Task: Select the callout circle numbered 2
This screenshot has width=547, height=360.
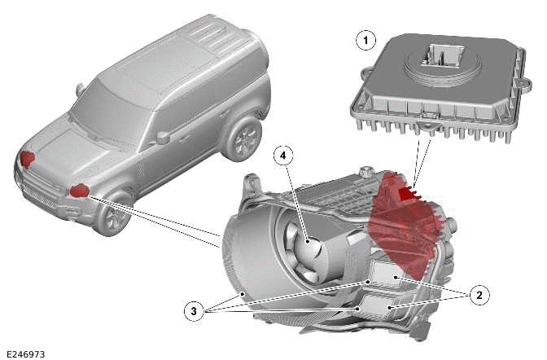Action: point(479,294)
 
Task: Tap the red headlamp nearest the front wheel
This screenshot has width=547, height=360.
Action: point(79,191)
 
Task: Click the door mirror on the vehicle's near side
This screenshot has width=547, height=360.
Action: point(163,137)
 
